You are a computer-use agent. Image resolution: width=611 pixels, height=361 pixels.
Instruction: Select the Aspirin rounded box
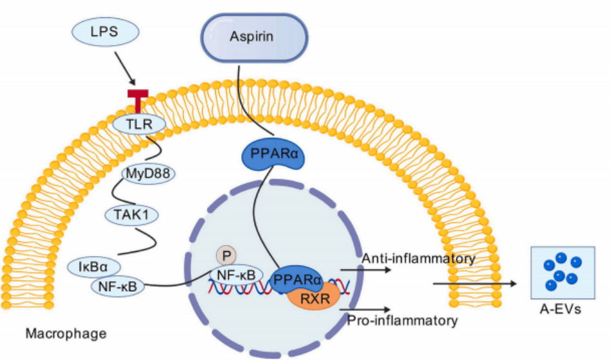(251, 37)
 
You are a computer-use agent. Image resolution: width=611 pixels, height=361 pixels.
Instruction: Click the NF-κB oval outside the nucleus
(117, 284)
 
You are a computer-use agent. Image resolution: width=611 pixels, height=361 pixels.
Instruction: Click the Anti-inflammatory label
(418, 259)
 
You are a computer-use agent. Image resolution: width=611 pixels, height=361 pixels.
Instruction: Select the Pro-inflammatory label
(403, 320)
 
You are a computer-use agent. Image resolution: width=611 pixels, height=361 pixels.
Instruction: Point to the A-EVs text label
(560, 309)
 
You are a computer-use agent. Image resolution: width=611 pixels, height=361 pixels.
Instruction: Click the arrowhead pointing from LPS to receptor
(133, 83)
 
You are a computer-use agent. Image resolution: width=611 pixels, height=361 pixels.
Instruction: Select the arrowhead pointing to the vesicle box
(514, 283)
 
